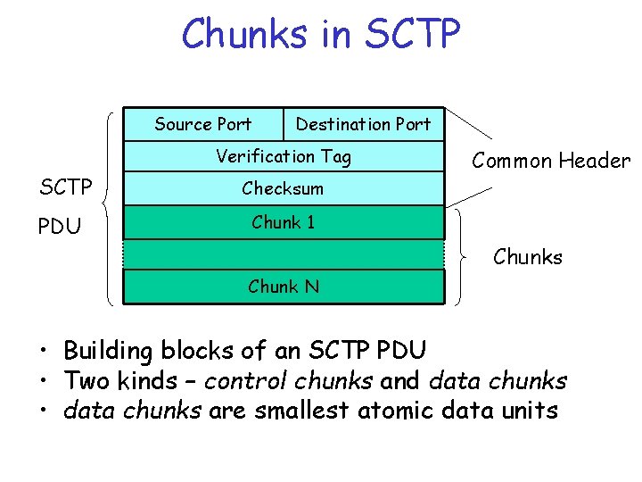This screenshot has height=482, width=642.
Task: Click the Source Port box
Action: pyautogui.click(x=203, y=124)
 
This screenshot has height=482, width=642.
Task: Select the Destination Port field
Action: pyautogui.click(x=363, y=124)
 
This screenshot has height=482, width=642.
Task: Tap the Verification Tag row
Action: pyautogui.click(x=284, y=157)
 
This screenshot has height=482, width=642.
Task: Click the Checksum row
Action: pyautogui.click(x=284, y=189)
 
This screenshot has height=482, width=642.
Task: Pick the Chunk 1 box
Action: pyautogui.click(x=284, y=222)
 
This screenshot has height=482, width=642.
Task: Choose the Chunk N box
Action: pyautogui.click(x=284, y=287)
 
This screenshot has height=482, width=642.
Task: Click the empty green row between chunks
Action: pyautogui.click(x=284, y=254)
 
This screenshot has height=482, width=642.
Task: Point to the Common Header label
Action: pyautogui.click(x=550, y=161)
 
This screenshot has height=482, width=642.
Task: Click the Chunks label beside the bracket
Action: pyautogui.click(x=528, y=257)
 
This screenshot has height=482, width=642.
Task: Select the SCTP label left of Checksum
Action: pyautogui.click(x=66, y=188)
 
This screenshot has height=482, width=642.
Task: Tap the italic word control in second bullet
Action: pyautogui.click(x=240, y=381)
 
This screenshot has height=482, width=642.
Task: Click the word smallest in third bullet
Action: pyautogui.click(x=302, y=411)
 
